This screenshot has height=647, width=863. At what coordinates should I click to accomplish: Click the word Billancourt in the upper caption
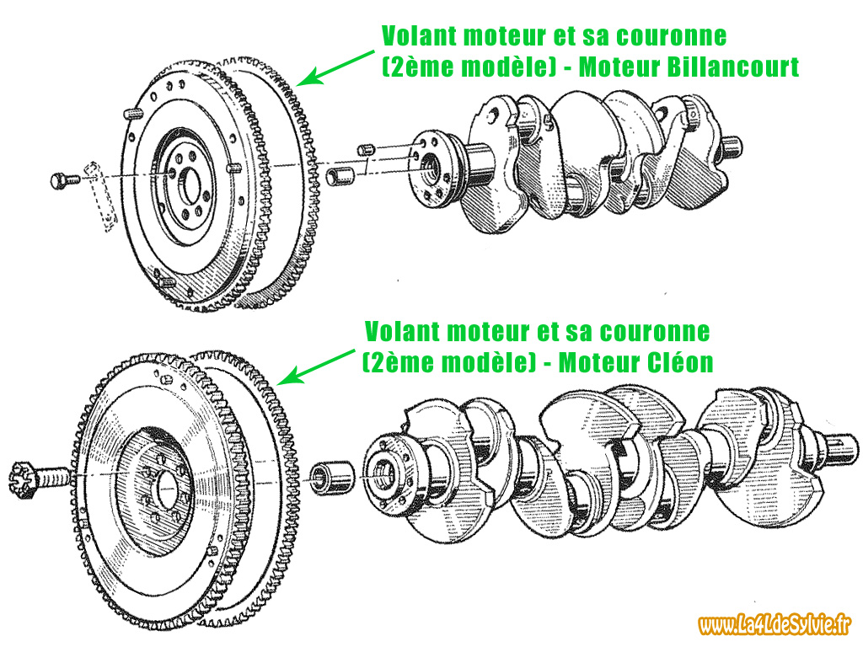pyautogui.click(x=732, y=67)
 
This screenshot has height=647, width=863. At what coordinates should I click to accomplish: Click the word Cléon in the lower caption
pyautogui.click(x=680, y=362)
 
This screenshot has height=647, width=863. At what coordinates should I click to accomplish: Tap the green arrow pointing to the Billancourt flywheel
pyautogui.click(x=335, y=69)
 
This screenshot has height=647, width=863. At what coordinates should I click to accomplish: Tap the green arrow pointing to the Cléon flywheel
pyautogui.click(x=315, y=366)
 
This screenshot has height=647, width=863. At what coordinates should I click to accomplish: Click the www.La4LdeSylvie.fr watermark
pyautogui.click(x=775, y=624)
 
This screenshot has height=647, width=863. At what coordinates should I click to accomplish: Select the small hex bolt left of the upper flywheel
pyautogui.click(x=65, y=180)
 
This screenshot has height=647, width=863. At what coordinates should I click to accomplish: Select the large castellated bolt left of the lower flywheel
pyautogui.click(x=40, y=479)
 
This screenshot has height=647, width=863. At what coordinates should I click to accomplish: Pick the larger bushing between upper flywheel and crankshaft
pyautogui.click(x=342, y=177)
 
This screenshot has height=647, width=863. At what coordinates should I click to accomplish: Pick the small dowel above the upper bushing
pyautogui.click(x=366, y=149)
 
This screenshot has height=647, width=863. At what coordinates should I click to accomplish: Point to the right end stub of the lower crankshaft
pyautogui.click(x=840, y=446)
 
